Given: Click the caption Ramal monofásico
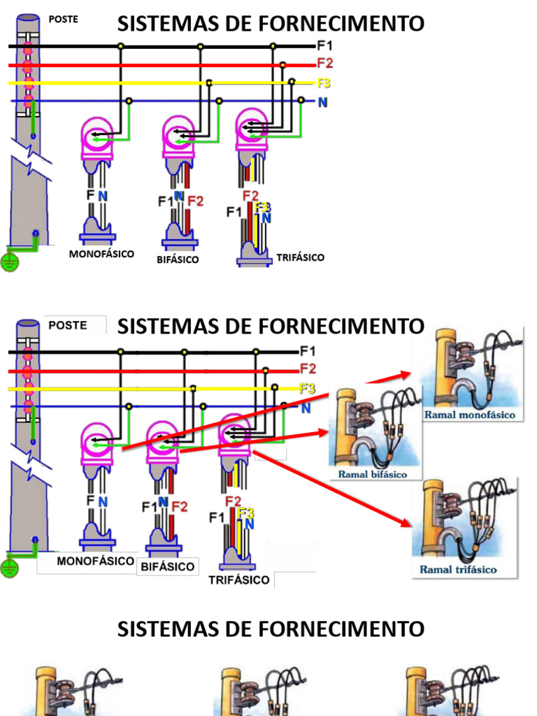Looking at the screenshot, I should (469, 415).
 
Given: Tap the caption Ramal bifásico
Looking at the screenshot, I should (372, 474).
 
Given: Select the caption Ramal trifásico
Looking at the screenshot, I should (458, 569).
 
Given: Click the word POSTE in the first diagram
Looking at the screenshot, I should (63, 20).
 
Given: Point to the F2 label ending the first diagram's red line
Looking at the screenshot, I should (325, 63).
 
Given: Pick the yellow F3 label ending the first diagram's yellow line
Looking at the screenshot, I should (323, 83).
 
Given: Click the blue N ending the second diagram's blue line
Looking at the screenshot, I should (306, 408).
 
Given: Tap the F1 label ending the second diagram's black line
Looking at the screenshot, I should (308, 351).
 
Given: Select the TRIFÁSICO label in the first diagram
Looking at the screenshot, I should (300, 257).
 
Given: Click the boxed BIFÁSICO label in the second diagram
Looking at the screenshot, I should (168, 566).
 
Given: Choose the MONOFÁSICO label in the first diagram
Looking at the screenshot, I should (101, 254).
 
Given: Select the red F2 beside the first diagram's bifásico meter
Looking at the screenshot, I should (195, 201).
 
